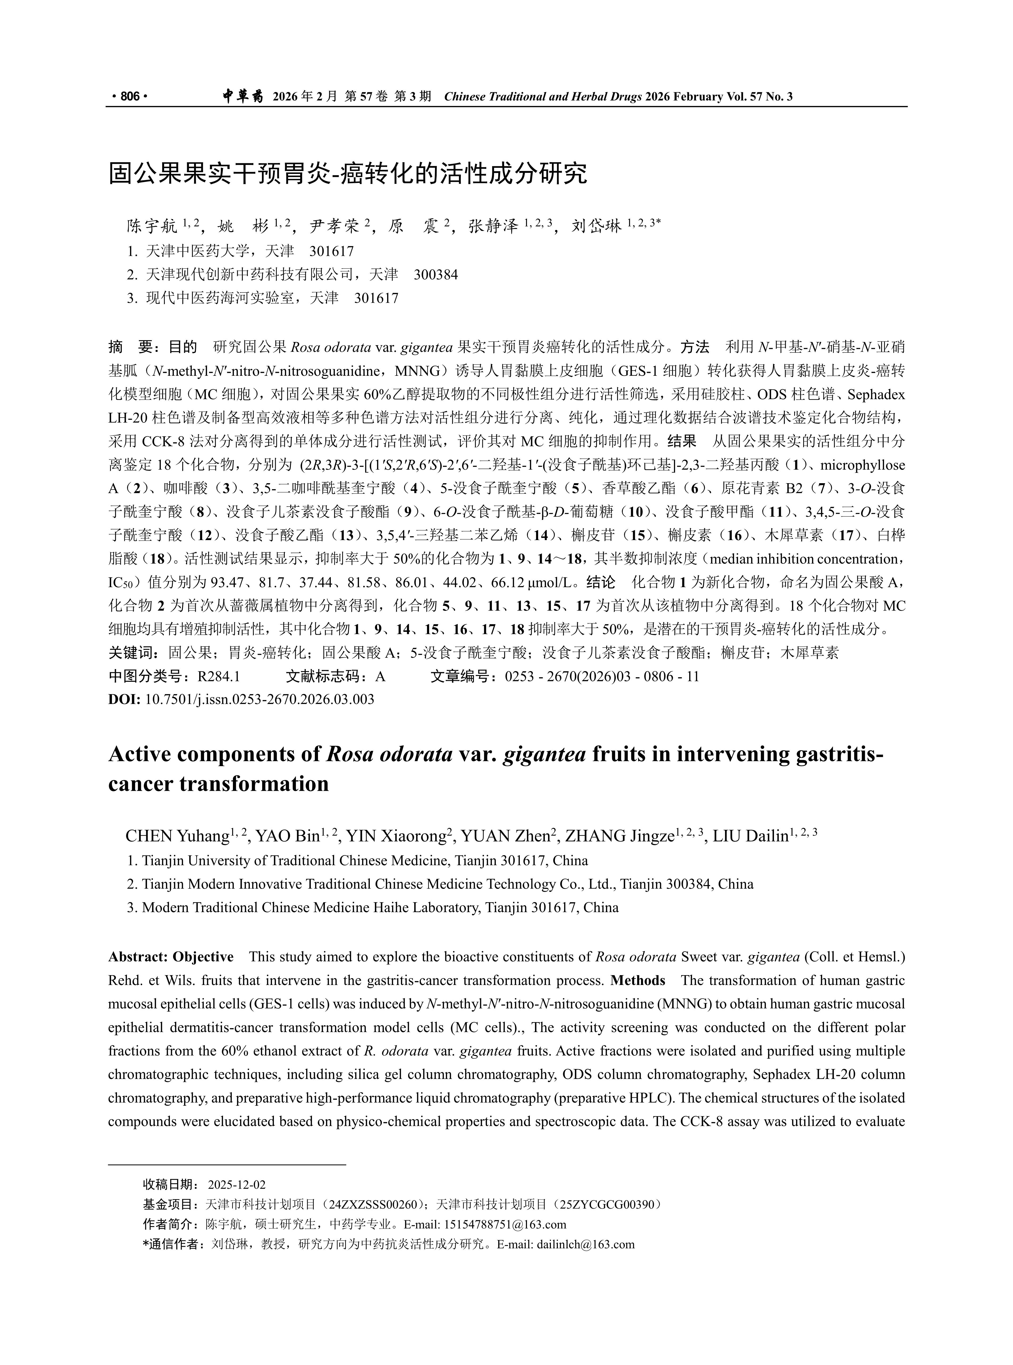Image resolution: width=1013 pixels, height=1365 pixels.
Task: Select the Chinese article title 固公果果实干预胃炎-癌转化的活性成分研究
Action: pos(348,174)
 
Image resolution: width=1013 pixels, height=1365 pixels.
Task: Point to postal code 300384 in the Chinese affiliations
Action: pos(435,275)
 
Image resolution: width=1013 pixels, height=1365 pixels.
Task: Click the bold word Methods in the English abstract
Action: pos(638,980)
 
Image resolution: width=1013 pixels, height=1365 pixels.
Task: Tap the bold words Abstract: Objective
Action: pos(171,957)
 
